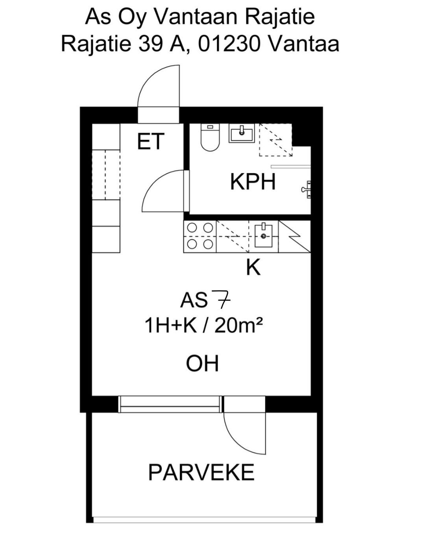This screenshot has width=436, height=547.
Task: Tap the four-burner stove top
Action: [200, 236]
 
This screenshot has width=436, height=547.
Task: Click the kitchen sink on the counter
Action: [264, 235]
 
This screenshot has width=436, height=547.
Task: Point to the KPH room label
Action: [253, 182]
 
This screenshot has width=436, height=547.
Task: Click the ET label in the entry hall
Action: [150, 141]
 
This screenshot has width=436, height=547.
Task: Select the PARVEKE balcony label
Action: [201, 472]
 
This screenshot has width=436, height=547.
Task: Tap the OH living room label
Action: [202, 364]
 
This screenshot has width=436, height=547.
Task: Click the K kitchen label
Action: [253, 268]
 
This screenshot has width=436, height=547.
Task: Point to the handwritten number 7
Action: [222, 299]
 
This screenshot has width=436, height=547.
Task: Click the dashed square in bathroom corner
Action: [276, 140]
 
